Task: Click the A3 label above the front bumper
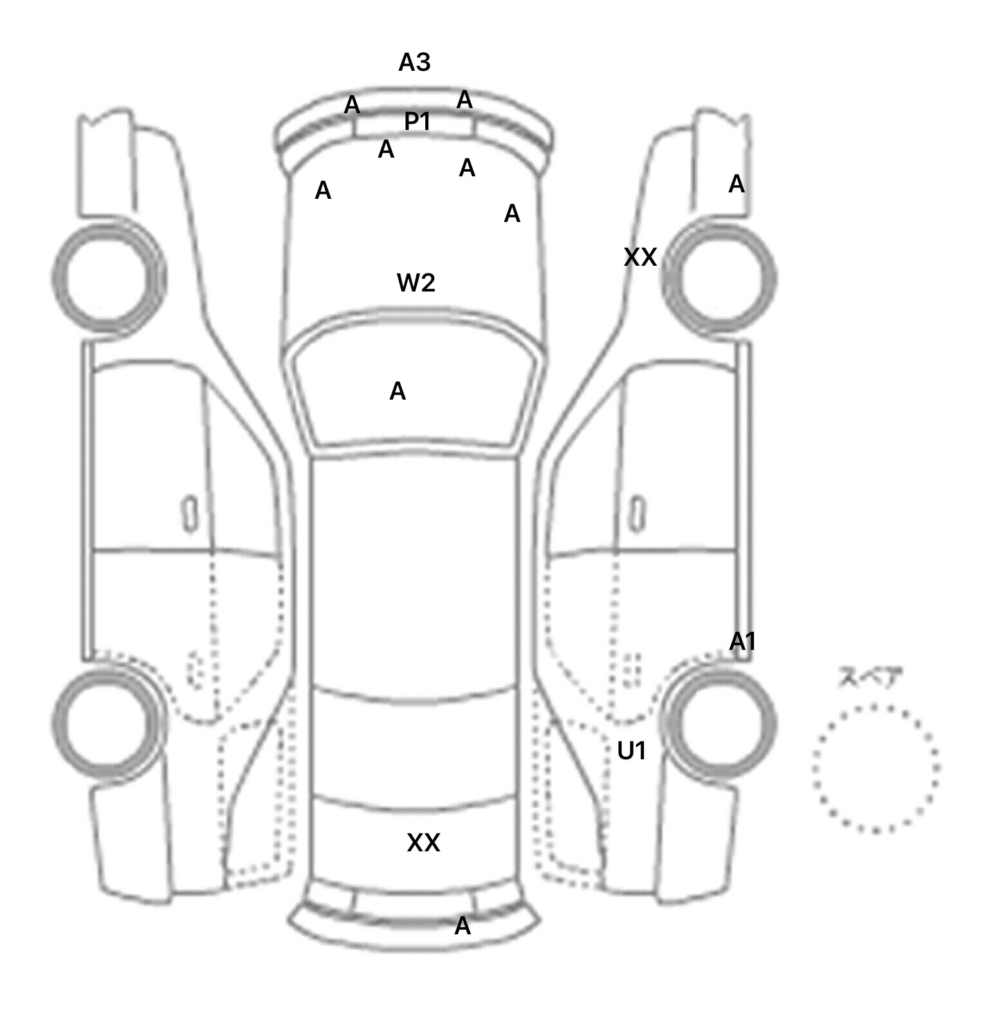[414, 62]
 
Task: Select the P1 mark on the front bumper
[417, 121]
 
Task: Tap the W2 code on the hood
[416, 282]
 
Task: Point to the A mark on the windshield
[398, 391]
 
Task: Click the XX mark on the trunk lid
[423, 842]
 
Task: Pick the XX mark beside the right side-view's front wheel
[640, 257]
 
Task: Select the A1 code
[742, 642]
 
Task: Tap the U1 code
[632, 750]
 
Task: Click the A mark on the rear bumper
[462, 926]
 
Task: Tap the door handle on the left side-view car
[190, 514]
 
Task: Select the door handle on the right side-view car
[637, 514]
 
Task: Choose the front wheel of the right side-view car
[719, 278]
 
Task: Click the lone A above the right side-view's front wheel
[736, 185]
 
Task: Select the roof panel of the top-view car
[415, 573]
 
